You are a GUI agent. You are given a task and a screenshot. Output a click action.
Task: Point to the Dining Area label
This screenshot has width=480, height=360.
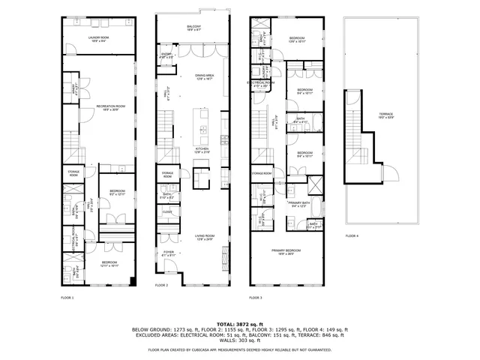coord(205,76)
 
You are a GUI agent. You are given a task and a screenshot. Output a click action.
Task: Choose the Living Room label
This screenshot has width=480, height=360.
coord(204,237)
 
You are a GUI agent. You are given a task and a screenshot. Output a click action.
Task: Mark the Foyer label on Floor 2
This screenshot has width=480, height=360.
coord(168,253)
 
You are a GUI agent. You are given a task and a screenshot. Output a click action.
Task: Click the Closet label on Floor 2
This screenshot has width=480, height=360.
coord(167,212)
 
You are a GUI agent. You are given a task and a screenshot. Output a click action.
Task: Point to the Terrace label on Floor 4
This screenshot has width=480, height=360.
coord(385,115)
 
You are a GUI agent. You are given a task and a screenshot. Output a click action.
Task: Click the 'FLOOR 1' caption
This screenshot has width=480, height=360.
coord(67,298)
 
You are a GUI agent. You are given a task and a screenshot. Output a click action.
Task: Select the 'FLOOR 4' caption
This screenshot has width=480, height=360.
coord(352,235)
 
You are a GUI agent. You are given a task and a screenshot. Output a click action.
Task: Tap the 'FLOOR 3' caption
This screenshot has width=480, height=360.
coord(256,298)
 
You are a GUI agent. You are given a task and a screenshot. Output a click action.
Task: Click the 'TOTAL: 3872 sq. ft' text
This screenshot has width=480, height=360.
coord(239,323)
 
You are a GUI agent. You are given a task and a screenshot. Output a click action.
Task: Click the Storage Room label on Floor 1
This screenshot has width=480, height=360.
coord(73,173)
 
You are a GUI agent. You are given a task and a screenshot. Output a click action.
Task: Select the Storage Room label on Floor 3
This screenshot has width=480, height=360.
coord(262,173)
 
